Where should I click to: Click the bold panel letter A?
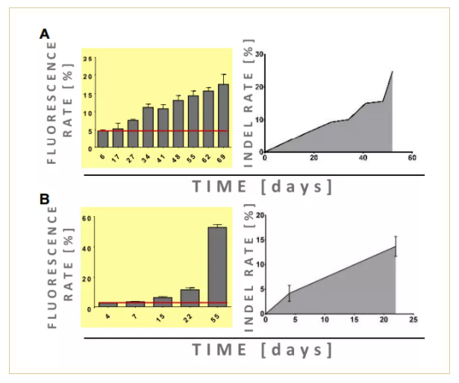click(x=45, y=34)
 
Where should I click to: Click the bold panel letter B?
click(x=45, y=200)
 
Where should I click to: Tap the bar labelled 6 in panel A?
click(x=103, y=139)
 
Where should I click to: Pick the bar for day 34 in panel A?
click(x=148, y=127)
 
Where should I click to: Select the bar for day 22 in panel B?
click(x=190, y=298)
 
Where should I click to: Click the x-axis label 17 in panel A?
click(x=118, y=158)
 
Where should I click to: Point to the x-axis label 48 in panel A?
click(x=178, y=158)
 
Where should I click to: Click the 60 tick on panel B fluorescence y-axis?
click(x=87, y=218)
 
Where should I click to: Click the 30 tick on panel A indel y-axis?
click(x=259, y=54)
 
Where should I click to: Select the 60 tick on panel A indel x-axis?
click(x=412, y=159)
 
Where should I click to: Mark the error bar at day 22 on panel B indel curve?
click(x=396, y=246)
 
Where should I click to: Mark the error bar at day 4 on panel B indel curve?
click(x=289, y=294)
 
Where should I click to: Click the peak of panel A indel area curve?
click(x=392, y=72)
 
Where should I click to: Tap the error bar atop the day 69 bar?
click(x=223, y=78)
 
